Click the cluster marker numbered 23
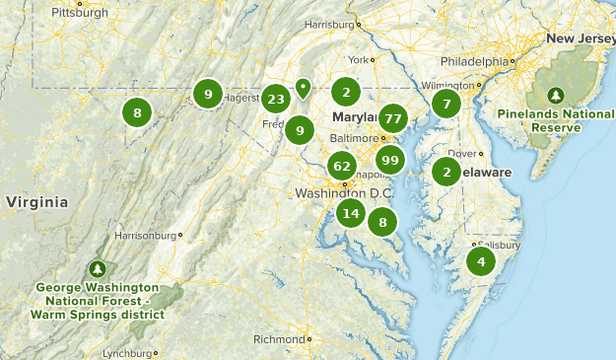[276, 98]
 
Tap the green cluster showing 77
[393, 118]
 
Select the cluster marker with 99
[389, 160]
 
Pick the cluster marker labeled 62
[342, 166]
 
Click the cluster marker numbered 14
[350, 213]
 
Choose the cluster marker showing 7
[446, 104]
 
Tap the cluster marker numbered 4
[481, 261]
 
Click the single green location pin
[303, 88]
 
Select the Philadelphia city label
[475, 60]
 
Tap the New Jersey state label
[581, 38]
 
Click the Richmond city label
[279, 339]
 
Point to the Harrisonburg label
[145, 236]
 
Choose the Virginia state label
[36, 202]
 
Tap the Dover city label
[462, 154]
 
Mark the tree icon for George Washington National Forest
[98, 267]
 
